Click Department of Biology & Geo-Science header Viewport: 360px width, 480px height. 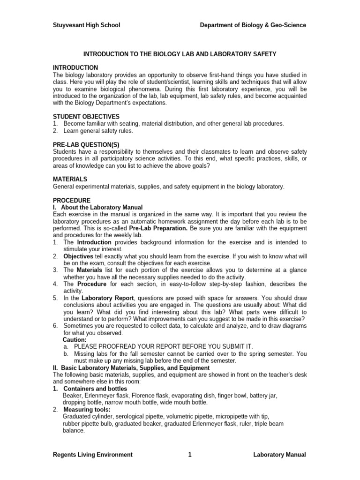click(x=253, y=25)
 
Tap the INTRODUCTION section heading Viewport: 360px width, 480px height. click(x=75, y=68)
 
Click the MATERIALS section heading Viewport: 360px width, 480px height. click(x=70, y=179)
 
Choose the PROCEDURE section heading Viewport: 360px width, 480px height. click(x=72, y=200)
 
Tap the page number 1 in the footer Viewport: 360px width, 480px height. click(x=189, y=454)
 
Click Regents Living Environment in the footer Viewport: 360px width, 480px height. click(x=93, y=454)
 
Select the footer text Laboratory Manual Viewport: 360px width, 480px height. click(x=279, y=454)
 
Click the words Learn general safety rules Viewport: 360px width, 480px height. click(x=98, y=131)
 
